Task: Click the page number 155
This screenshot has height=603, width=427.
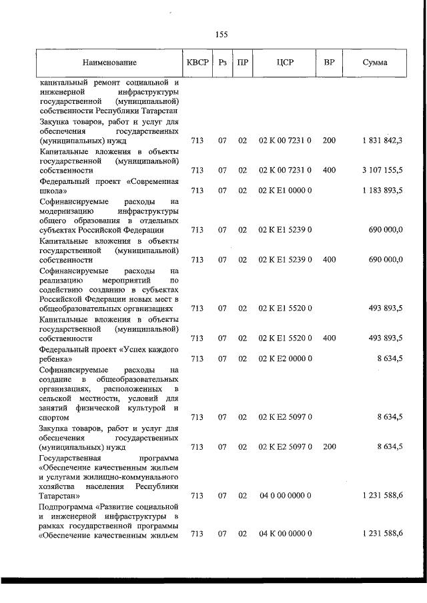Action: (222, 35)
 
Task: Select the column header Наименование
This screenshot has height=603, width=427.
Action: (110, 63)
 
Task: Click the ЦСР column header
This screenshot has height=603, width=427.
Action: (285, 63)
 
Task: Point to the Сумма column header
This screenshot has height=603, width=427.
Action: (375, 63)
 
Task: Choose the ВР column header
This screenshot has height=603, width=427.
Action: (329, 63)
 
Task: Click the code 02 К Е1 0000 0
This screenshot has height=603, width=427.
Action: (285, 191)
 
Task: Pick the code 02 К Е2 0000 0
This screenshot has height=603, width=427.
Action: (285, 358)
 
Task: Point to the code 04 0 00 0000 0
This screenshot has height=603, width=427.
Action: (285, 496)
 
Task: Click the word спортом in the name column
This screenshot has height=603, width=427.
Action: (55, 418)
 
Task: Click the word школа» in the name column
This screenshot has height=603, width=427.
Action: (53, 191)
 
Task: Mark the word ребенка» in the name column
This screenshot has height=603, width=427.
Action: (56, 359)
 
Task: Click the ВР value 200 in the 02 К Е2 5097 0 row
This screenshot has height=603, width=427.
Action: (329, 447)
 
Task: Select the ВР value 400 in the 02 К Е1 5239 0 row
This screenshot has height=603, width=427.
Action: (329, 260)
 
